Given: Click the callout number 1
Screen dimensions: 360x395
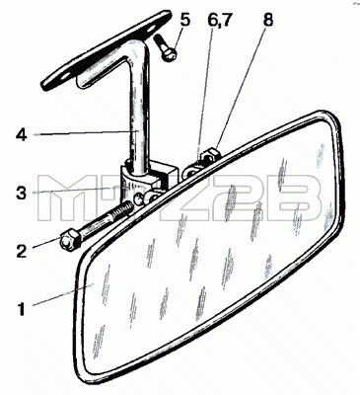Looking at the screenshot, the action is pos(21,309).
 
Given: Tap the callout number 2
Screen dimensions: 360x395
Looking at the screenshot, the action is pos(21,251).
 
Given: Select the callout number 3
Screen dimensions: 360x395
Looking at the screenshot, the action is pos(22,193).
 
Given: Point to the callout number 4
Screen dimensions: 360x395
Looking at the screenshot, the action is pos(22,135).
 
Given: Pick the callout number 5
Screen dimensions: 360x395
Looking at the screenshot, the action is pos(184,20).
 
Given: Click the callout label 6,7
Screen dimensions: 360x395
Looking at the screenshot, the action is pos(220,21).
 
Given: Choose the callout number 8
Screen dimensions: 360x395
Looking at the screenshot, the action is pos(268,20).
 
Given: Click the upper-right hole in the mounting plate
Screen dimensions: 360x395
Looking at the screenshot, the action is pos(152,29).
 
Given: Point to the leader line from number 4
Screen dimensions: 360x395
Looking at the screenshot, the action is pos(86,133).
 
